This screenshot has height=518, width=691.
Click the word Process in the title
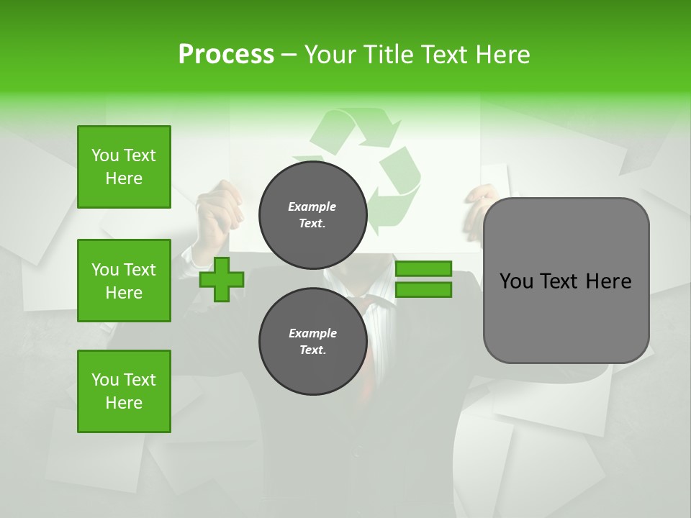[x=226, y=55]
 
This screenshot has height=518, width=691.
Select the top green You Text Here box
[x=124, y=167]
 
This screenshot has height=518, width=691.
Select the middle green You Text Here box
[x=124, y=281]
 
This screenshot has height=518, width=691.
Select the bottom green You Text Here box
[x=124, y=391]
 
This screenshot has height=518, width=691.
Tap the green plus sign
[x=222, y=279]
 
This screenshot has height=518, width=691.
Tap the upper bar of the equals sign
[x=423, y=268]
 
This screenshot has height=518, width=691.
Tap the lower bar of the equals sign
[x=423, y=290]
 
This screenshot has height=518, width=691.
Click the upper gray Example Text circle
[x=312, y=215]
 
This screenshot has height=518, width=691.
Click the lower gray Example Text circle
[x=312, y=342]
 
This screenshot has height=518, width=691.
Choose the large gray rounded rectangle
[x=566, y=317]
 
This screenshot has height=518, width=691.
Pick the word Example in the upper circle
[x=312, y=206]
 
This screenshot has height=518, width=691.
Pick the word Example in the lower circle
[x=312, y=333]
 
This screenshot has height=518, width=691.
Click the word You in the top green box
[x=105, y=155]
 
